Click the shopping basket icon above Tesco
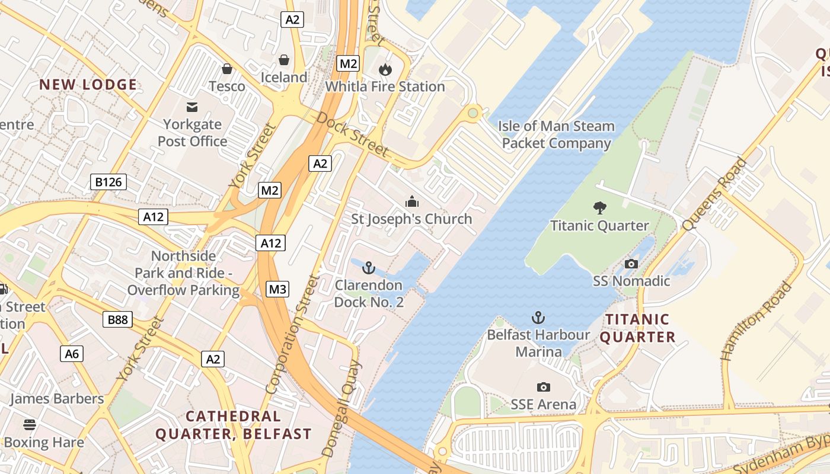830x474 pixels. [226, 69]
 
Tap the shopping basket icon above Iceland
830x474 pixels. [284, 60]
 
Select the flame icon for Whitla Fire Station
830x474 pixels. [385, 69]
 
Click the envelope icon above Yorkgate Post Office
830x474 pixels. [192, 107]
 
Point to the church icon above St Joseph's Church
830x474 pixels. [411, 201]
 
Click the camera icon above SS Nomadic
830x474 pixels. [631, 264]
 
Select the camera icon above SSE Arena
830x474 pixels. [543, 387]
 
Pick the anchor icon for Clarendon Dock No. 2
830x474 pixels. [369, 268]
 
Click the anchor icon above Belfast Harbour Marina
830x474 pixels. [538, 318]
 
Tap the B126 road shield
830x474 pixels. [108, 182]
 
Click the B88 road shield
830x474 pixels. [117, 320]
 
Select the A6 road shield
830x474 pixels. [72, 354]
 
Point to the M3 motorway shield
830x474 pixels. [277, 289]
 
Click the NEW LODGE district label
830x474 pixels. [88, 85]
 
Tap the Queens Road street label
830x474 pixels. [714, 194]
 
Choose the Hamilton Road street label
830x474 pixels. [756, 322]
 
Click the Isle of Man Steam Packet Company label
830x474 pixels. [556, 134]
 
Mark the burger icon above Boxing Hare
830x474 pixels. [30, 424]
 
